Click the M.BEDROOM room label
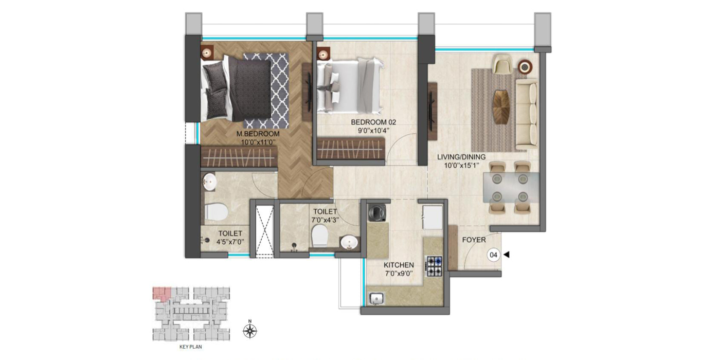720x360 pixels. pos(258,134)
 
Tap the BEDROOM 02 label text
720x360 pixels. pos(373,122)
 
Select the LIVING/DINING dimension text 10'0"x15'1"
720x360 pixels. pos(461,165)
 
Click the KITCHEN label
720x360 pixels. pos(399,265)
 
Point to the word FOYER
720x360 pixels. pos(474,240)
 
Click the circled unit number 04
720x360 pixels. pos(494,255)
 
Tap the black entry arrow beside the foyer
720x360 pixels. pos(507,255)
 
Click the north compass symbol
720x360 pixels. pos(250,331)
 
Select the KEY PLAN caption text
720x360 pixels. pos(190,347)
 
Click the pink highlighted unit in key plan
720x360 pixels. pos(161,294)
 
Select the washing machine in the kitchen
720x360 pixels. pos(377,212)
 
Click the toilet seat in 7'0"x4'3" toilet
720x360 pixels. pos(319,236)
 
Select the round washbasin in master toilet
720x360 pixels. pos(209,181)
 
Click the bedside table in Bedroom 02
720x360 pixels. pos(323,52)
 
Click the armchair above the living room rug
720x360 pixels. pos(501,64)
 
